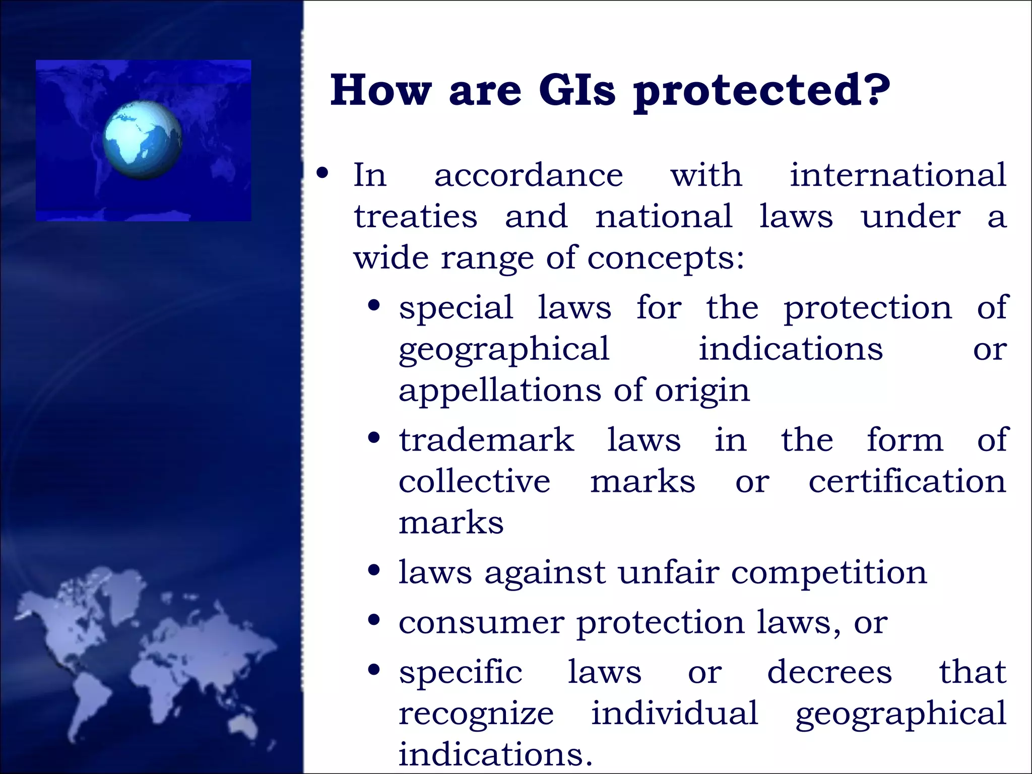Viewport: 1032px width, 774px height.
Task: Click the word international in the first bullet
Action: point(897,175)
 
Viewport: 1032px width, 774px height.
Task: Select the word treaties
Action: point(415,217)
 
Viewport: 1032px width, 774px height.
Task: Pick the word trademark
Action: point(486,440)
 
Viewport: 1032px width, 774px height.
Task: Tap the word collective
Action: point(474,481)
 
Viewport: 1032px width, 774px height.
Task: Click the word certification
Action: point(907,481)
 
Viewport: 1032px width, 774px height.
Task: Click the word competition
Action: point(829,573)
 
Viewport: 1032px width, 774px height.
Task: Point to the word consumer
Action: point(481,623)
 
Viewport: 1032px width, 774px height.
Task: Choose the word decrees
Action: point(829,672)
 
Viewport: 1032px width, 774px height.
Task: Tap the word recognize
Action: point(476,714)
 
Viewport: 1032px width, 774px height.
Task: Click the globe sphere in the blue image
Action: point(143,140)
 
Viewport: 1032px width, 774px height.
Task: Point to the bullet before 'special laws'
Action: point(374,306)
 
